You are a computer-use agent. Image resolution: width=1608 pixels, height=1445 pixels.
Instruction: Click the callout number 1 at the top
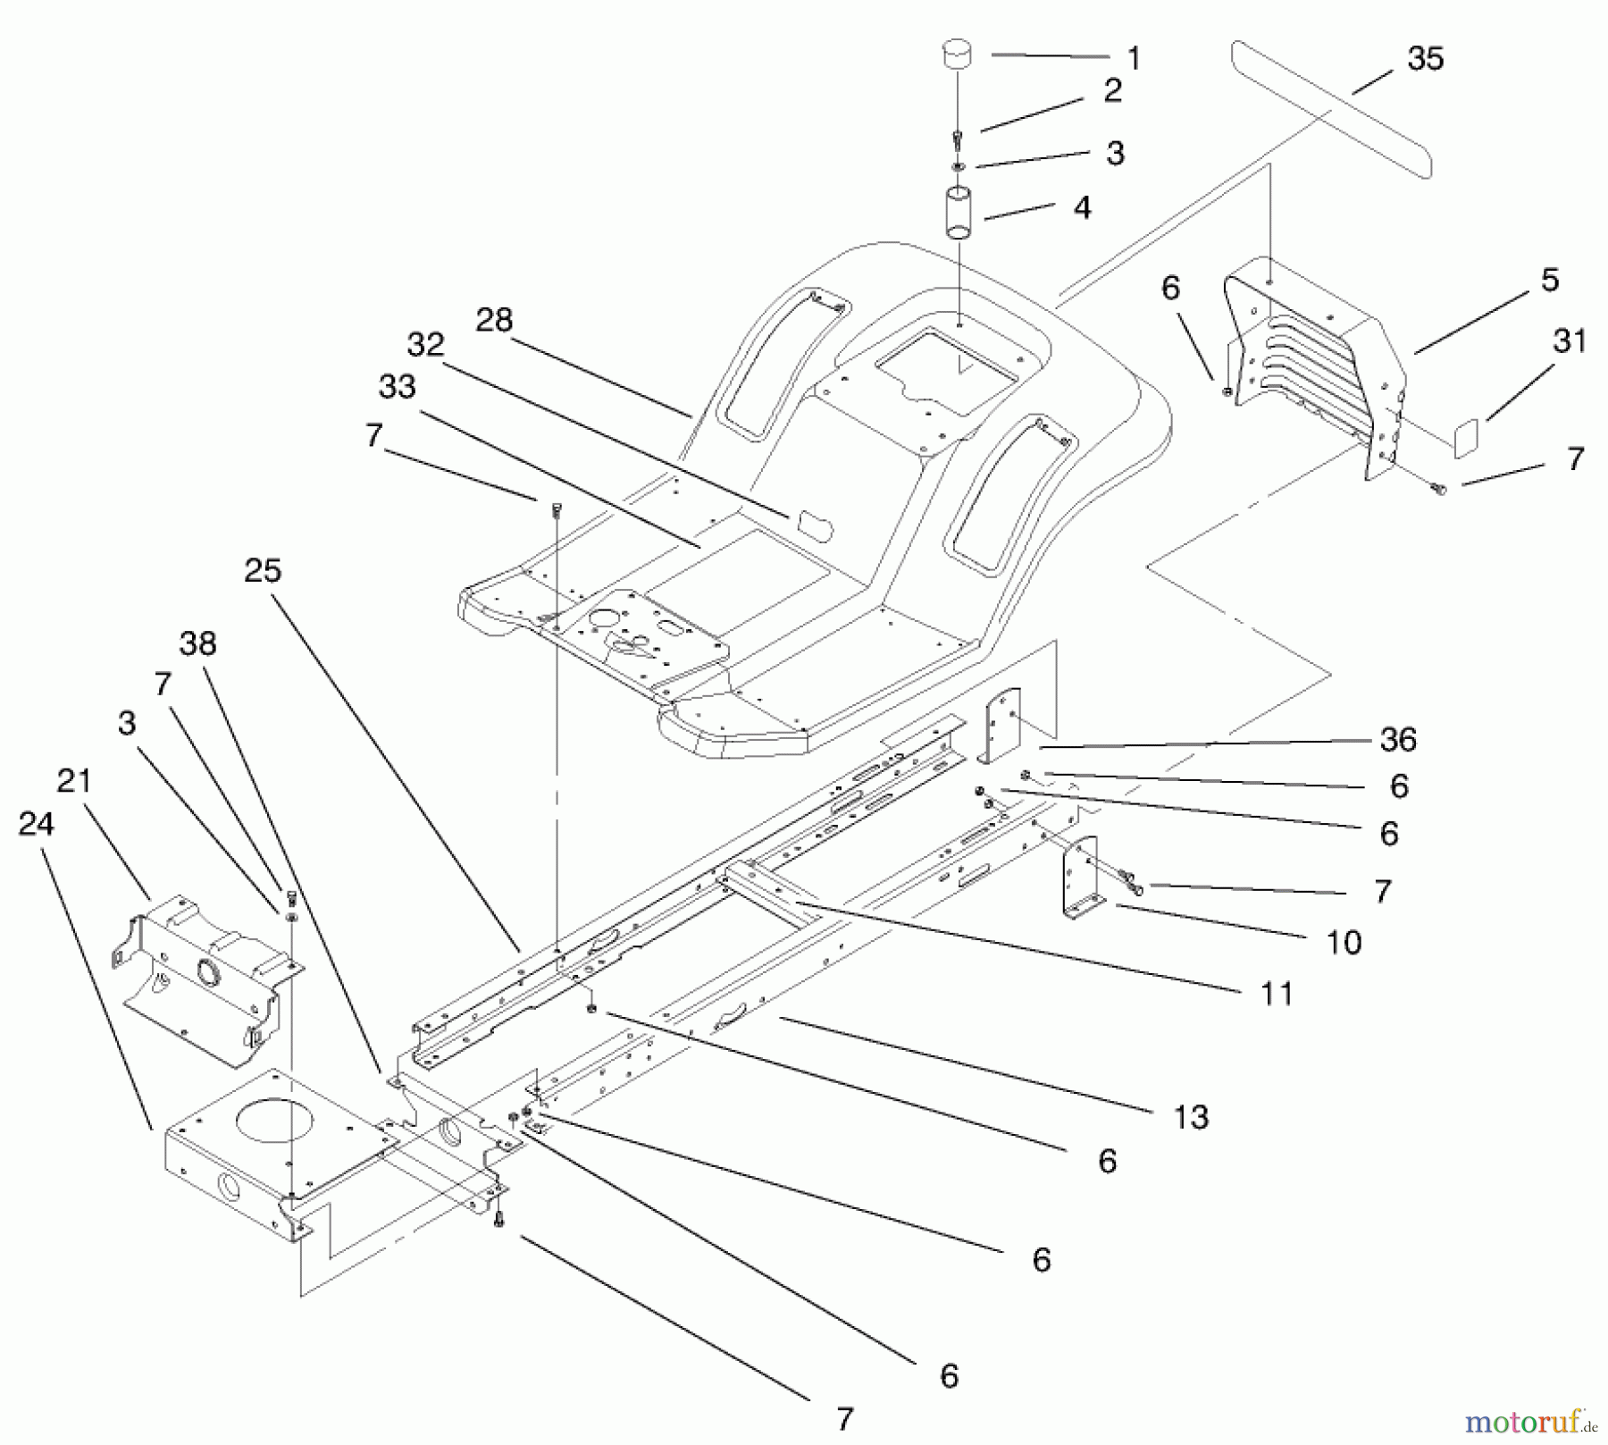tap(1134, 59)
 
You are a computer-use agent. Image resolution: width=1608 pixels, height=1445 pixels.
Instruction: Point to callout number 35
tap(1425, 59)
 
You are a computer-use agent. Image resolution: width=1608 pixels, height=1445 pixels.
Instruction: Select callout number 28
tap(494, 320)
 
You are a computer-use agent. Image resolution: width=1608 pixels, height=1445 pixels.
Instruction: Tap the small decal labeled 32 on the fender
tap(812, 525)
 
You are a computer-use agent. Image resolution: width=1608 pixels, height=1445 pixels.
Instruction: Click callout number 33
tap(397, 387)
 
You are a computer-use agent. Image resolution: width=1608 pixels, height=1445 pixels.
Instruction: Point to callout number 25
tap(263, 571)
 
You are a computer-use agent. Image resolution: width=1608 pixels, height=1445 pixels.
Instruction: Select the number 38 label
tap(197, 643)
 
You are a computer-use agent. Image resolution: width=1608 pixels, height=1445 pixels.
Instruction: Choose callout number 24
tap(36, 824)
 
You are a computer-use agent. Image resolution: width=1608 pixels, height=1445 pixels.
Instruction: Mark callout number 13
tap(1191, 1117)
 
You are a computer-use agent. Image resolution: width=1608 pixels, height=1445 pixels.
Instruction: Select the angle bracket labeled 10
tap(1079, 877)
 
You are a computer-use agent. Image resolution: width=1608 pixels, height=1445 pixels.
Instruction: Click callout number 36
tap(1398, 739)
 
